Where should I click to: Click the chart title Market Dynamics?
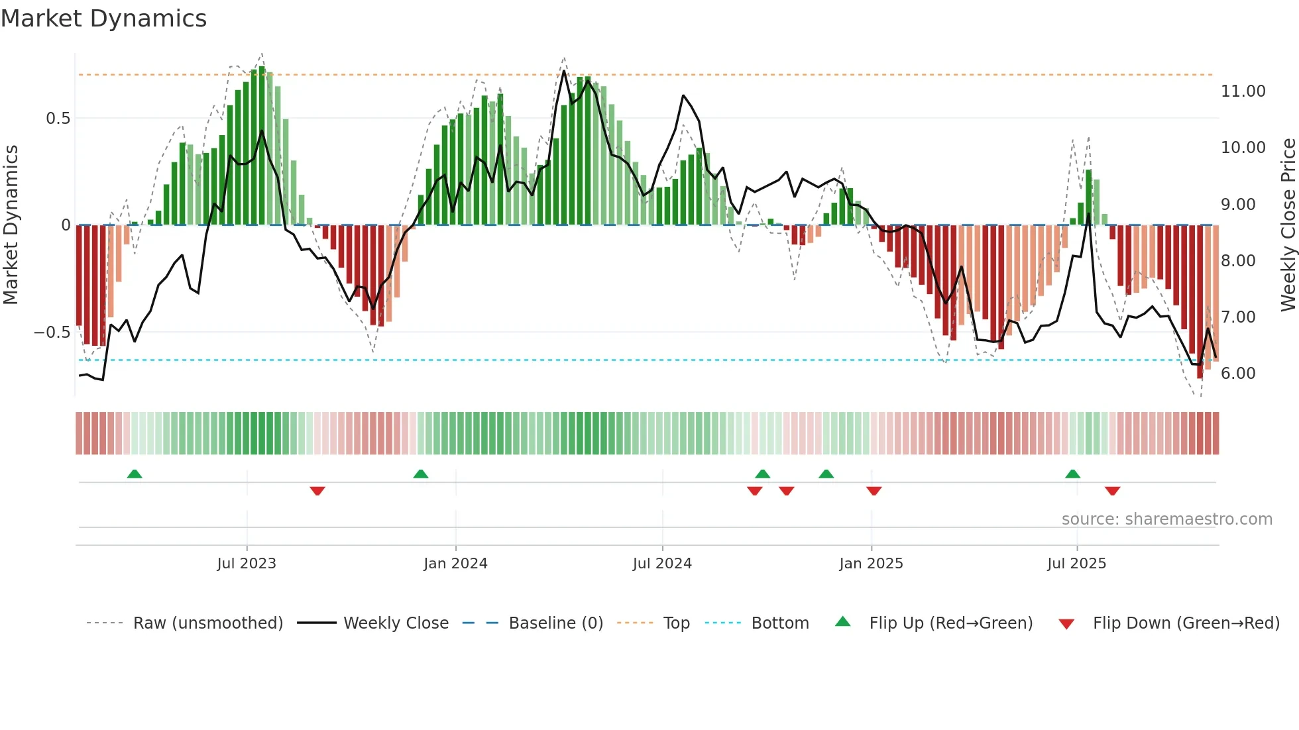[x=103, y=19]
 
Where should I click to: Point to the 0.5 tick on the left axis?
[x=58, y=119]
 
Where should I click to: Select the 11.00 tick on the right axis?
[x=1243, y=91]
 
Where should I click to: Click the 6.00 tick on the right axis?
[x=1237, y=374]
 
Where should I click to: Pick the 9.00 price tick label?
[x=1237, y=205]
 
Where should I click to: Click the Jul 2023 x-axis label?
[x=247, y=564]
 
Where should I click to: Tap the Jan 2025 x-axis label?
[x=871, y=564]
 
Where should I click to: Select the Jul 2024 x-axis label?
[x=662, y=564]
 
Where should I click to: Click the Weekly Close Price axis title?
[x=1288, y=225]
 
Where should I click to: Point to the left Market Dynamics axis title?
[x=11, y=225]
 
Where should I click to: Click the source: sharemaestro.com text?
[x=1166, y=519]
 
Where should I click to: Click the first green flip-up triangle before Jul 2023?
[x=135, y=474]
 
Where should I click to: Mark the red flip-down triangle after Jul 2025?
[x=1112, y=491]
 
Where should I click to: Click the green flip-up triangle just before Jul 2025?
[x=1072, y=474]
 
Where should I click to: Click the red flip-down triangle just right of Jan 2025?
[x=874, y=491]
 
